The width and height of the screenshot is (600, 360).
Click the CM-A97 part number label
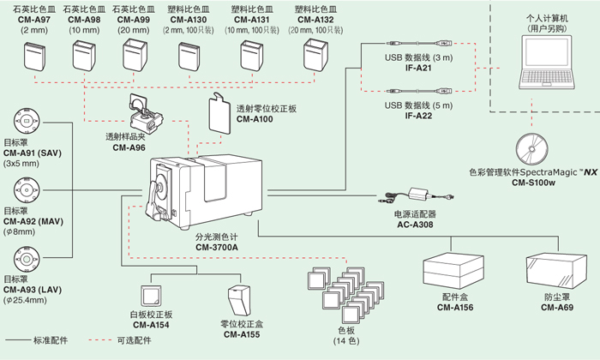tap(31, 17)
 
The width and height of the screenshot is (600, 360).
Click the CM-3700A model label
tap(217, 246)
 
